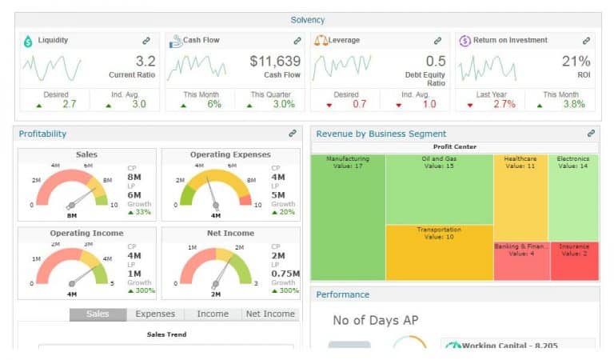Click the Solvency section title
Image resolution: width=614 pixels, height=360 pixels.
tap(308, 20)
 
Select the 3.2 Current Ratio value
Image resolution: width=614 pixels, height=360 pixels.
tap(145, 62)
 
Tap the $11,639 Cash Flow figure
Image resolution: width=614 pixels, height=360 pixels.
tap(275, 62)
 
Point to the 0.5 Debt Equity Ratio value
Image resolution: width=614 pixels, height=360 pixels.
tap(436, 62)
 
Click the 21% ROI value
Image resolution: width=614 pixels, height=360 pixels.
tap(576, 62)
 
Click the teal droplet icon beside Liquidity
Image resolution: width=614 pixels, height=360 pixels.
tap(28, 40)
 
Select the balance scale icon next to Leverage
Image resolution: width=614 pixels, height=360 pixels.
tap(321, 40)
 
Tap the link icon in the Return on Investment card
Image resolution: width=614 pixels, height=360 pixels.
tap(586, 41)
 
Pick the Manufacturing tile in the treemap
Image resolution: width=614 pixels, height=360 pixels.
tap(348, 216)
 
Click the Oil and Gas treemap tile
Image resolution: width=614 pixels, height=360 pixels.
tap(438, 189)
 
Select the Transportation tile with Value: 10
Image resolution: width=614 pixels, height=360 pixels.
tap(438, 252)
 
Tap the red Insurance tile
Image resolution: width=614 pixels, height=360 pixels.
tap(573, 261)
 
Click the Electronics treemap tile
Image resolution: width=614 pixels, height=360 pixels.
tap(572, 197)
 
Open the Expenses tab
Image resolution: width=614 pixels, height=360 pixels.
tap(155, 314)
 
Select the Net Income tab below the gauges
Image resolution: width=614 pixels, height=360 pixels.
tap(269, 314)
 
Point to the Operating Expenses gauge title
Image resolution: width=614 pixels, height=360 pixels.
tap(230, 154)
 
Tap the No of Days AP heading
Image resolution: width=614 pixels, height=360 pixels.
tap(375, 321)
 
